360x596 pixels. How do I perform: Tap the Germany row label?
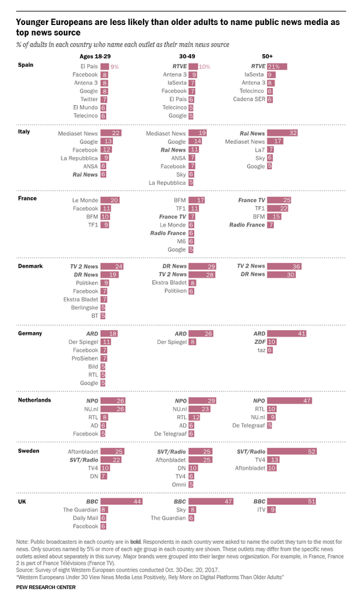tap(30, 333)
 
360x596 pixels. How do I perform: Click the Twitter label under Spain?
tap(89, 99)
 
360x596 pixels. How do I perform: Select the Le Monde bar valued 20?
tap(111, 200)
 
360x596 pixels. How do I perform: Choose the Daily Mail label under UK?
tap(85, 518)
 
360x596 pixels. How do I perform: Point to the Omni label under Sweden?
tap(179, 484)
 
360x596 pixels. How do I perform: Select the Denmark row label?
tap(30, 266)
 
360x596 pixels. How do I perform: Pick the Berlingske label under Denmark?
tap(83, 307)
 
